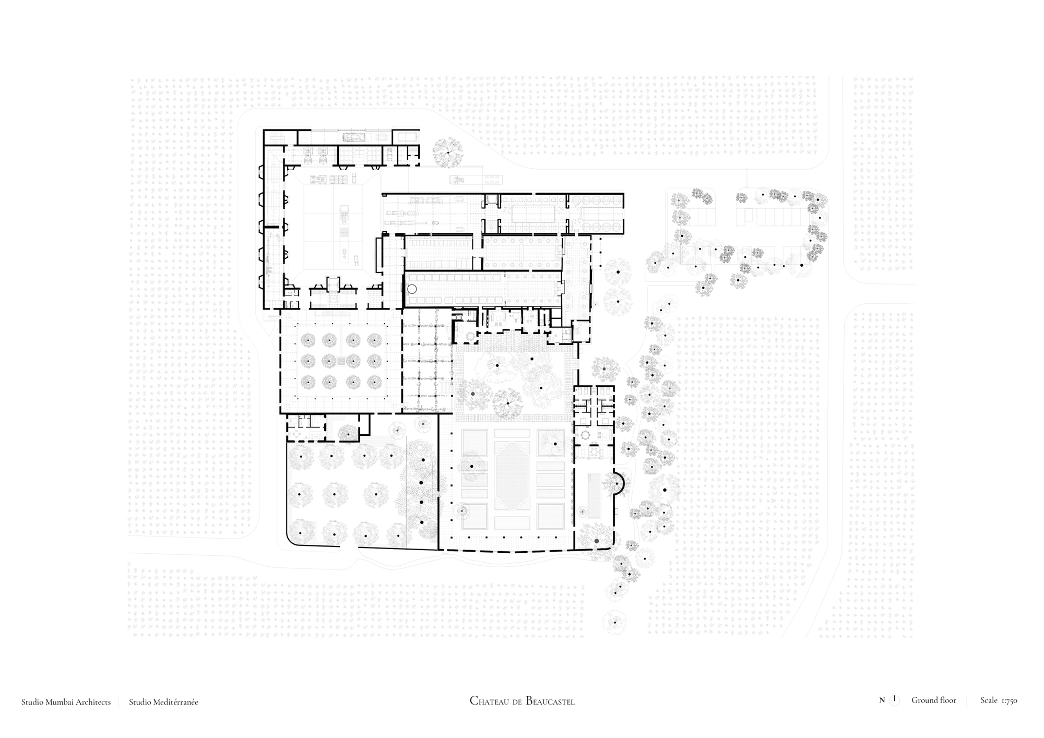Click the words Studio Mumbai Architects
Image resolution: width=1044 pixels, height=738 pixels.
(x=66, y=702)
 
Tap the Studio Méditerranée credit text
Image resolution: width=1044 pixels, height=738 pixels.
(x=163, y=702)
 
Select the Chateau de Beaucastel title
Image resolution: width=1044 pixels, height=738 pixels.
(x=522, y=701)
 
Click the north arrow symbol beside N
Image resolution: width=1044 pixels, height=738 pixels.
(x=895, y=700)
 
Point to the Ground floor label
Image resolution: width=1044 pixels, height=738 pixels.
(x=934, y=700)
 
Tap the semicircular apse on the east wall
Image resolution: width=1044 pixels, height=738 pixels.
(x=620, y=483)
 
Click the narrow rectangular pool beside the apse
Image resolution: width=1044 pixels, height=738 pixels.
(x=594, y=494)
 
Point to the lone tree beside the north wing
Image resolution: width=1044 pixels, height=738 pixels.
(x=447, y=152)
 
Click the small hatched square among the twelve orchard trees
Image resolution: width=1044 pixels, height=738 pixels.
(x=340, y=361)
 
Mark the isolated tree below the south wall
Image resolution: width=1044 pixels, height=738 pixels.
(x=614, y=622)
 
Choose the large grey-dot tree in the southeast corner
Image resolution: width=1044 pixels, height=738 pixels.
(x=596, y=541)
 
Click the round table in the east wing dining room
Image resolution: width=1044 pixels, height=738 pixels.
(x=585, y=435)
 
